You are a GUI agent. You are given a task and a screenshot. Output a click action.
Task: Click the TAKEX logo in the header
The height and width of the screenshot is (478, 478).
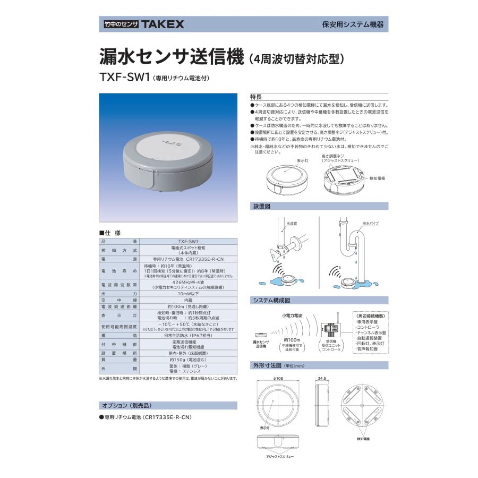163,24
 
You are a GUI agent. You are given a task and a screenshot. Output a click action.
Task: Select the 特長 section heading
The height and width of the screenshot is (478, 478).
256,97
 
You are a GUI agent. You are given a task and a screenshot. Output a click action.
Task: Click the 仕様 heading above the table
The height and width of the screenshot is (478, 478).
110,233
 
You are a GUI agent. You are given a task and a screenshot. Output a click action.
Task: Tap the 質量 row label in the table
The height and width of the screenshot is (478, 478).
118,360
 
